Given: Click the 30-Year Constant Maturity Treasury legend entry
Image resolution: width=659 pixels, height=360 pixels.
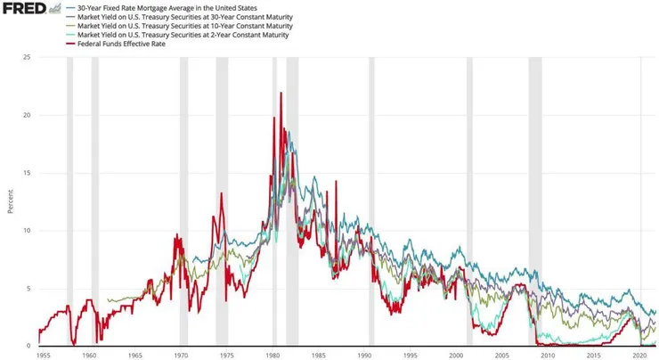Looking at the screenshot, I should point(184,17).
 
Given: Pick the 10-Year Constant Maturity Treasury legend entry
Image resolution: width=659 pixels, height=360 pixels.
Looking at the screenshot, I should point(184,26).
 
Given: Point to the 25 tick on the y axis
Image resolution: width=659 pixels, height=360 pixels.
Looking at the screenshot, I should point(28,58).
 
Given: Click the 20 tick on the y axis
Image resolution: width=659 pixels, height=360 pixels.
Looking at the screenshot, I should point(28,116).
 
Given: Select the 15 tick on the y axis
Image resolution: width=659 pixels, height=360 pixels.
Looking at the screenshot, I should point(28,173).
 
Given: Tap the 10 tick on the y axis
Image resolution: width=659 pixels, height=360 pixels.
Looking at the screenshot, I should point(28,231).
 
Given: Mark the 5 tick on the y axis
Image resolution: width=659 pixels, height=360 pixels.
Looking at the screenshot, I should point(29,289).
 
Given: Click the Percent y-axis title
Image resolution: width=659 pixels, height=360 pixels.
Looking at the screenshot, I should point(11,201).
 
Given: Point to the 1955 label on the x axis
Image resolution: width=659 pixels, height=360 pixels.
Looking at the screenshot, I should point(43,355).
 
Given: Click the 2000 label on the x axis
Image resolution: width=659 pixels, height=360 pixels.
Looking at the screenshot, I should point(456,355).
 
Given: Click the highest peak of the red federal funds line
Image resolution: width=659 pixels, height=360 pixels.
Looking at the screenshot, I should point(281,93).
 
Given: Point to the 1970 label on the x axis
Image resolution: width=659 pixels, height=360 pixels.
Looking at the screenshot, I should point(181,355).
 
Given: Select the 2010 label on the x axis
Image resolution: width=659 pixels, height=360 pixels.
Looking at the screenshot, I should point(548,355).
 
